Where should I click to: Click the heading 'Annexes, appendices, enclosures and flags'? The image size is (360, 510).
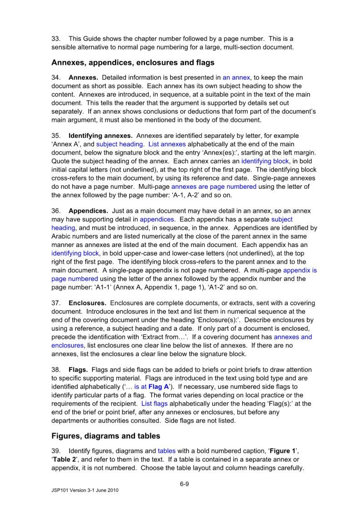tap(133, 62)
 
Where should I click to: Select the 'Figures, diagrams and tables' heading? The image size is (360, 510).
tap(106, 436)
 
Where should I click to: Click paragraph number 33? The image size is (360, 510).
tap(56, 39)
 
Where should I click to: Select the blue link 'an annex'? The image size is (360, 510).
tap(236, 77)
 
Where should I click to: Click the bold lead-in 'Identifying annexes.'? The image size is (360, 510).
tap(100, 136)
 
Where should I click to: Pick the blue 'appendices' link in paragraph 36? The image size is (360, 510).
tap(157, 219)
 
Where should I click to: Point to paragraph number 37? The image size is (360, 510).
tap(56, 303)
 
